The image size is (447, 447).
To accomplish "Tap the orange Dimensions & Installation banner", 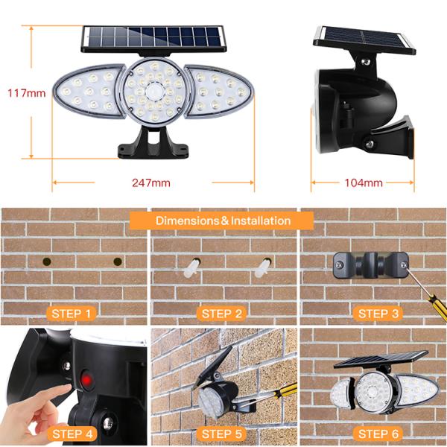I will (222, 221).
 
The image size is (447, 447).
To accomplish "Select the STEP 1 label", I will (72, 314).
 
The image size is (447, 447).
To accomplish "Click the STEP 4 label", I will (72, 433).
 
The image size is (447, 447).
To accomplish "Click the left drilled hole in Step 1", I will (47, 261).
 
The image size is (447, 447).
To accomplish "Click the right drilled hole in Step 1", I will (118, 261).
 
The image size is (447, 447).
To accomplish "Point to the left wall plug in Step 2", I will (191, 266).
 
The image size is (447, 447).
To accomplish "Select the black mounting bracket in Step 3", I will (370, 264).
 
